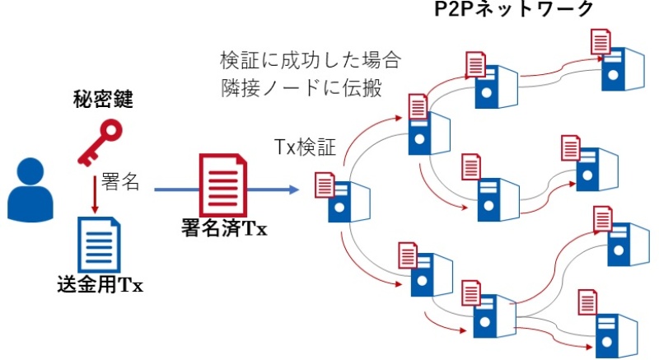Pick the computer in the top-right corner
click(x=619, y=70)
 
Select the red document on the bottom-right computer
click(x=587, y=299)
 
